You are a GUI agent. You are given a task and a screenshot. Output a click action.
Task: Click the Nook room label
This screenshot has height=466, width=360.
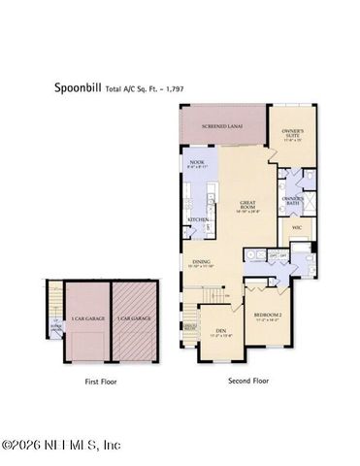coord(197,165)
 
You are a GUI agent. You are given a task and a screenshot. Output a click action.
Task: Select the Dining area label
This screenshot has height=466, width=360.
coord(201,262)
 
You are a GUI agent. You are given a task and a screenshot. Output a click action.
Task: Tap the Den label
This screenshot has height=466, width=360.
coord(219,332)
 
